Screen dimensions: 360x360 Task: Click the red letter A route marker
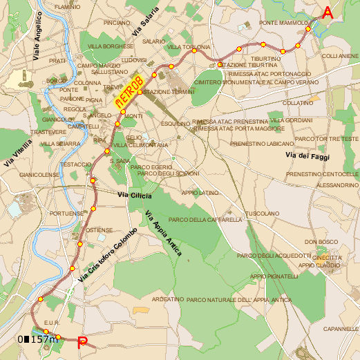(x=328, y=12)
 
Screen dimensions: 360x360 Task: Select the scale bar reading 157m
(x=37, y=339)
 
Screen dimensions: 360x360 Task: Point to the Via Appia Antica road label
(x=164, y=234)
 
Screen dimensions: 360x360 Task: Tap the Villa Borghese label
(x=110, y=46)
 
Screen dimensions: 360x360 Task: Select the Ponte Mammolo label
(x=283, y=23)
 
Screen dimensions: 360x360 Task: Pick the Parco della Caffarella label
(x=205, y=220)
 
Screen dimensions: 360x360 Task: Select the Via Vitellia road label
(x=17, y=153)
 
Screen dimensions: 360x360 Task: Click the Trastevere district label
(x=48, y=131)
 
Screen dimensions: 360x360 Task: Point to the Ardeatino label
(x=167, y=299)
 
